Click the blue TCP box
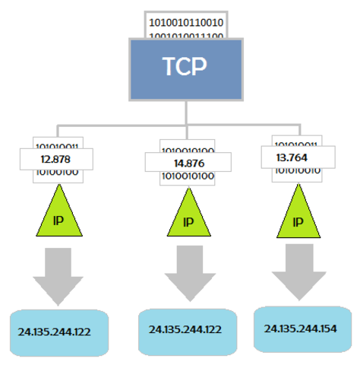coord(186,69)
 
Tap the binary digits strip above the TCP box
coord(186,24)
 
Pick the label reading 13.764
coord(297,157)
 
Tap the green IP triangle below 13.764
coord(297,215)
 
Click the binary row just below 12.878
coord(58,173)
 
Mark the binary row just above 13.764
coord(297,142)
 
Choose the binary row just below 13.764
coord(297,170)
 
